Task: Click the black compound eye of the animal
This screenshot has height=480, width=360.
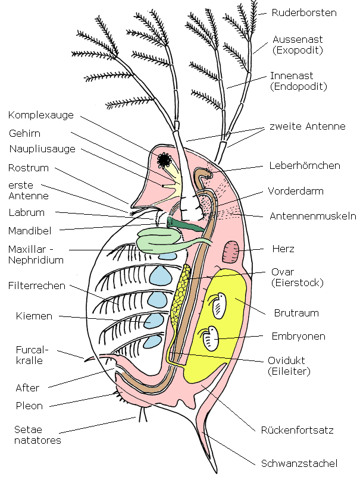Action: tap(164, 159)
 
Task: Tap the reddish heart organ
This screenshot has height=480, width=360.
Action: tap(230, 252)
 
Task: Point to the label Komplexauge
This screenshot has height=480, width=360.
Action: tap(39, 115)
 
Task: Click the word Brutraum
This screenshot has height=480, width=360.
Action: tap(296, 312)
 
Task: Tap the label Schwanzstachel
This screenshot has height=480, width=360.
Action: tap(299, 463)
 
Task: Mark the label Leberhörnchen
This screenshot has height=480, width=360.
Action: tap(305, 165)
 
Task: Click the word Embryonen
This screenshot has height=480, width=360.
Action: tap(299, 336)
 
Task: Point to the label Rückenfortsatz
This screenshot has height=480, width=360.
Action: tap(297, 429)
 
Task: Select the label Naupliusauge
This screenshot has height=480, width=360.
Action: tap(42, 149)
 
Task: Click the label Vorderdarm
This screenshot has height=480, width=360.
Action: tap(296, 192)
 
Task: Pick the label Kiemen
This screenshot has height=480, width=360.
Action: tap(34, 316)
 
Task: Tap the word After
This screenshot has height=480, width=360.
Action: tap(27, 388)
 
